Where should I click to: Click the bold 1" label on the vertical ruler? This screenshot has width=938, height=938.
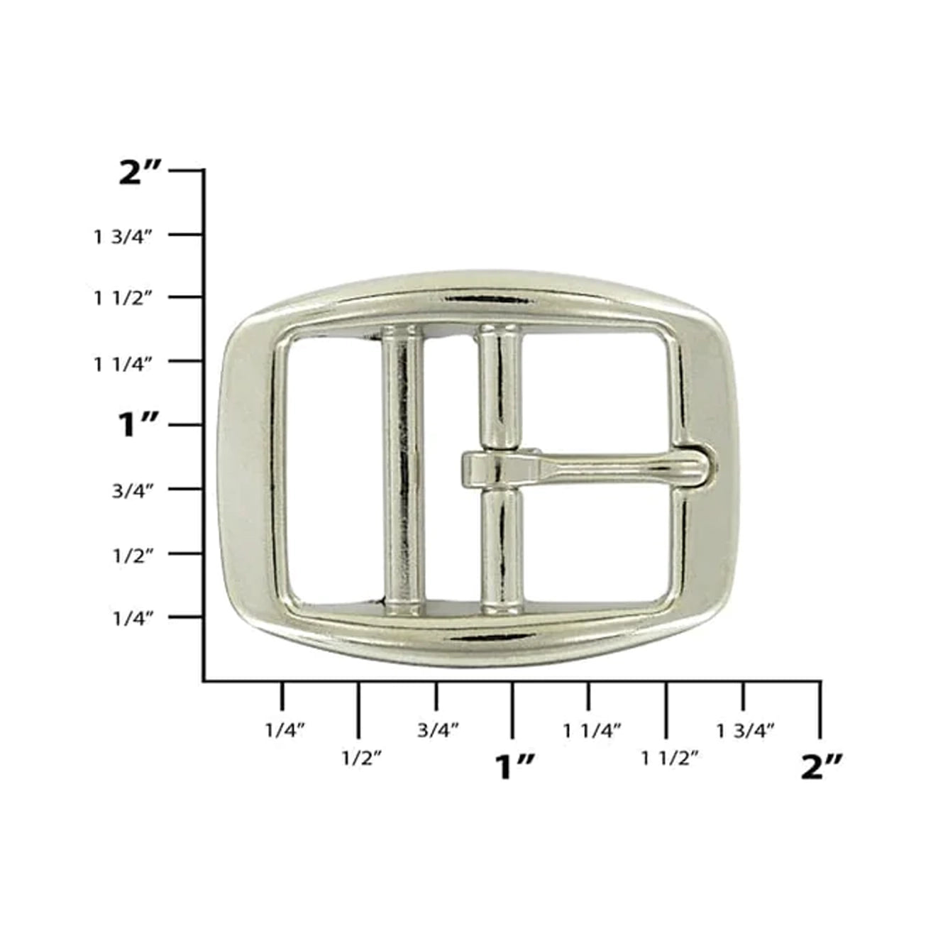pos(139,426)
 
